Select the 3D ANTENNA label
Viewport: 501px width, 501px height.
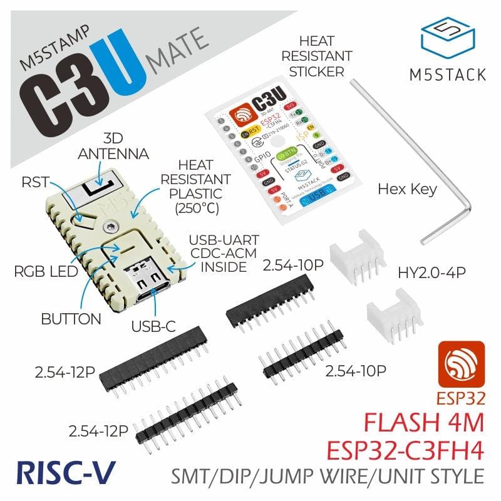[x=116, y=145]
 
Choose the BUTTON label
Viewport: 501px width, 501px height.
[x=71, y=318]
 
